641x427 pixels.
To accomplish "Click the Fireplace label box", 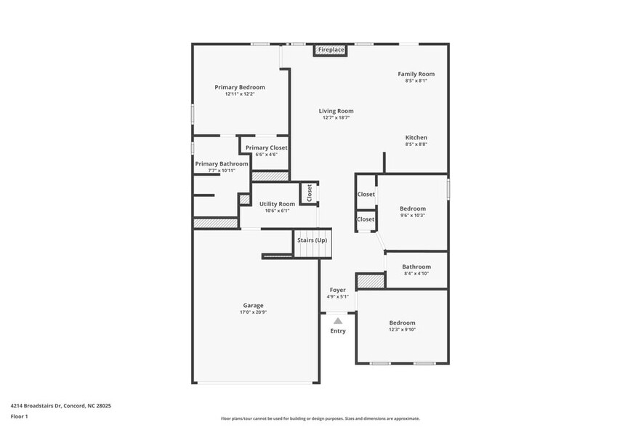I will pyautogui.click(x=331, y=49).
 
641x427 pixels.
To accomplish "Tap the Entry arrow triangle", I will pyautogui.click(x=337, y=320).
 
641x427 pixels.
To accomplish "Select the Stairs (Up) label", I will pyautogui.click(x=311, y=240).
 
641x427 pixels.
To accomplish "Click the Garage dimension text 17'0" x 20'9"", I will pyautogui.click(x=253, y=312).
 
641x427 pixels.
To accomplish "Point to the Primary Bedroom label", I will pyautogui.click(x=240, y=87).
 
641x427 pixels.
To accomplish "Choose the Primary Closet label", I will pyautogui.click(x=266, y=147).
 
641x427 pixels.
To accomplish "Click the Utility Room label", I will pyautogui.click(x=277, y=204).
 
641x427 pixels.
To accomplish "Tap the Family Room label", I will pyautogui.click(x=416, y=74).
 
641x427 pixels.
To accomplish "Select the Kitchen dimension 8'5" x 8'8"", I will pyautogui.click(x=416, y=145).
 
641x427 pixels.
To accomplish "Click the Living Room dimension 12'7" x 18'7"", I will pyautogui.click(x=336, y=118).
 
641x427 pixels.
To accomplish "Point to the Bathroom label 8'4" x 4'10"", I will pyautogui.click(x=416, y=267).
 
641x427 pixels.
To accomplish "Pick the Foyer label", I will pyautogui.click(x=337, y=290).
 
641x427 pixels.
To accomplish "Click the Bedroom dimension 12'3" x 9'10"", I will pyautogui.click(x=402, y=330).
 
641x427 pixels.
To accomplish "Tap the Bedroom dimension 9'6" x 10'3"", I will pyautogui.click(x=413, y=215).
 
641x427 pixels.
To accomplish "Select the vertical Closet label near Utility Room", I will pyautogui.click(x=309, y=192).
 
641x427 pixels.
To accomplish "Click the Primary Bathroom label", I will pyautogui.click(x=222, y=163).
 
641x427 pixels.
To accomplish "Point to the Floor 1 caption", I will pyautogui.click(x=19, y=416).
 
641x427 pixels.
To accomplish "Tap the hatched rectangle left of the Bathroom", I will pyautogui.click(x=370, y=280).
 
